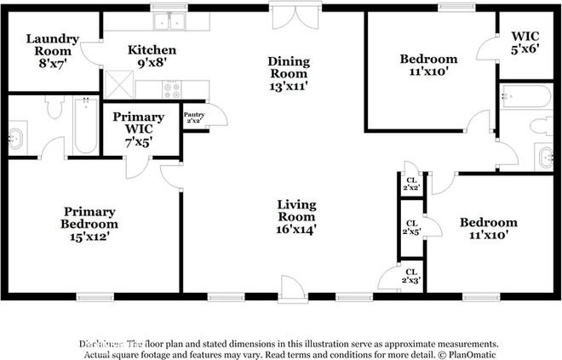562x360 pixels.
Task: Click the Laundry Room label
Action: [x=52, y=45]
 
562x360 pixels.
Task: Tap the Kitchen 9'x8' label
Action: [x=152, y=56]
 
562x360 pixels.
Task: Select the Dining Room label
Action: [x=288, y=73]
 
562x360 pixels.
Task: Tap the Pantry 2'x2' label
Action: [x=193, y=117]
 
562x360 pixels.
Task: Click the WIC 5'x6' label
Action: [x=525, y=43]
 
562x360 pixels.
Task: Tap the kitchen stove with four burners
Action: [x=171, y=88]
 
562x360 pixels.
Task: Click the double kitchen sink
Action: [x=169, y=21]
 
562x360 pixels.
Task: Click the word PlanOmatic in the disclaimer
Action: [x=469, y=354]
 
